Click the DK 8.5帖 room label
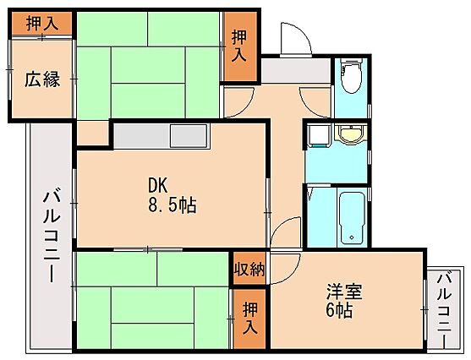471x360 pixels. (173, 195)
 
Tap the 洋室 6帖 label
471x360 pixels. (344, 301)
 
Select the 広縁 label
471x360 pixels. (42, 79)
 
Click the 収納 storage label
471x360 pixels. (249, 269)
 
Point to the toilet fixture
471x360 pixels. (351, 76)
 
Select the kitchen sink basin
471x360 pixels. (189, 136)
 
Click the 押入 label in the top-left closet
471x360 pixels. (42, 23)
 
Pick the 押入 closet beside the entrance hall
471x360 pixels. (239, 46)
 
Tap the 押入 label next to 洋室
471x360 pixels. (250, 319)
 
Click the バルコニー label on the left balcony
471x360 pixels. (52, 234)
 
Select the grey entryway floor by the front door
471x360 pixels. (296, 70)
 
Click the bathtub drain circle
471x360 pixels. (352, 237)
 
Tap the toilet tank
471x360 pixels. (351, 63)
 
